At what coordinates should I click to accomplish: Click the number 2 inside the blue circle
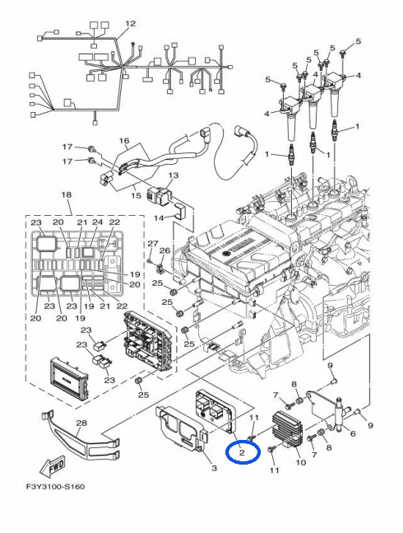pyautogui.click(x=243, y=452)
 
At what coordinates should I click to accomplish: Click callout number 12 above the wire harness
pyautogui.click(x=130, y=23)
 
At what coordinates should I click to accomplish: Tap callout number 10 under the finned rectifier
pyautogui.click(x=301, y=462)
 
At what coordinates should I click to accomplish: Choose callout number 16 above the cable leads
pyautogui.click(x=125, y=141)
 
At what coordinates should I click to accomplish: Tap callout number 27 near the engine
pyautogui.click(x=151, y=244)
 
